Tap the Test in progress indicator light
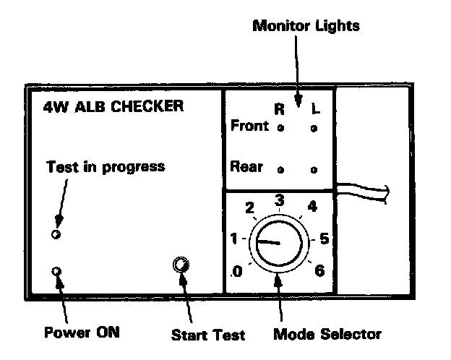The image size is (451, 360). (57, 234)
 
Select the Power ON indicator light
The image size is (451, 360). (57, 272)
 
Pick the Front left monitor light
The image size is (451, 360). (313, 129)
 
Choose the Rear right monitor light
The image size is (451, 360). (280, 170)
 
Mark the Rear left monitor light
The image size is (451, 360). (313, 170)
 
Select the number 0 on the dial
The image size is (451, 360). (236, 272)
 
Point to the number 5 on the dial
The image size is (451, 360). (325, 237)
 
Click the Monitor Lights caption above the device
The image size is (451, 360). (306, 26)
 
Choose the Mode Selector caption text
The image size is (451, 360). (327, 334)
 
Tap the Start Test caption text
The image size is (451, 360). (208, 335)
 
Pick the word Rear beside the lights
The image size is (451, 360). (246, 166)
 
